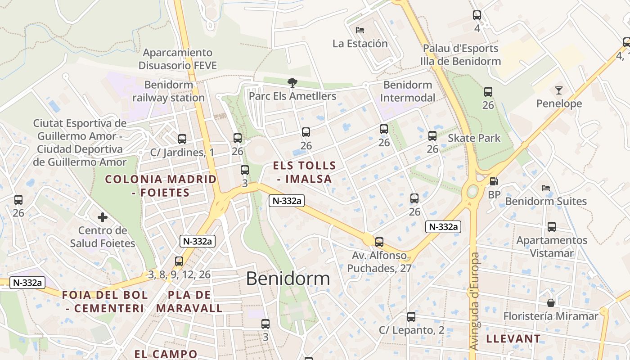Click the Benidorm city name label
pyautogui.click(x=288, y=279)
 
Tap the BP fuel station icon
pyautogui.click(x=494, y=181)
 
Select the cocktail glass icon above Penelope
pyautogui.click(x=558, y=90)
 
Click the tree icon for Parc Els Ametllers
pyautogui.click(x=292, y=82)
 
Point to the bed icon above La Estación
pyautogui.click(x=360, y=30)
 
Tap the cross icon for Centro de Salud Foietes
pyautogui.click(x=103, y=218)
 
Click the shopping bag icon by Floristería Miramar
pyautogui.click(x=550, y=302)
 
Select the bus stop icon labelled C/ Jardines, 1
pyautogui.click(x=182, y=139)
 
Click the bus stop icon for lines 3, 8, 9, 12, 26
pyautogui.click(x=179, y=261)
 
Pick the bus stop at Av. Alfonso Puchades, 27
pyautogui.click(x=379, y=242)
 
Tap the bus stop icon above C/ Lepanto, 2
pyautogui.click(x=411, y=317)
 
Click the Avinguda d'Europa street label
pyautogui.click(x=474, y=301)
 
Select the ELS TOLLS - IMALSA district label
pyautogui.click(x=305, y=172)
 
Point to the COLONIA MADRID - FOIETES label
pyautogui.click(x=161, y=186)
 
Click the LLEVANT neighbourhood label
pyautogui.click(x=513, y=339)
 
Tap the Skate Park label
pyautogui.click(x=474, y=138)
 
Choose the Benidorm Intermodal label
pyautogui.click(x=408, y=91)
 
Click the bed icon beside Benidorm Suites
pyautogui.click(x=546, y=188)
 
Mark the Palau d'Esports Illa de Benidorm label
pyautogui.click(x=460, y=55)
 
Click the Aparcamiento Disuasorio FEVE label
pyautogui.click(x=178, y=59)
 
